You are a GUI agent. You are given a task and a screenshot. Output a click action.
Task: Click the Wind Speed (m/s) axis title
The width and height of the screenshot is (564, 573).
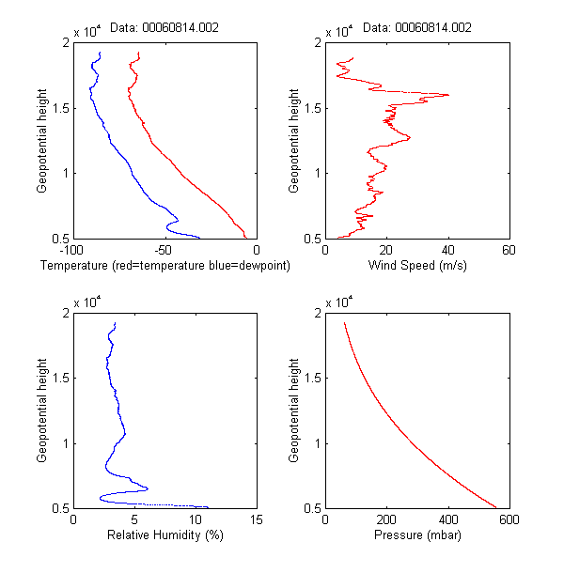(417, 266)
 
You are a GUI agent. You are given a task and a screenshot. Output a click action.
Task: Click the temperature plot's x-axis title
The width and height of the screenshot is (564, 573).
(165, 266)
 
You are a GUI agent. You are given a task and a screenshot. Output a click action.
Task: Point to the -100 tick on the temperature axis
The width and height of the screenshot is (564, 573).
(73, 251)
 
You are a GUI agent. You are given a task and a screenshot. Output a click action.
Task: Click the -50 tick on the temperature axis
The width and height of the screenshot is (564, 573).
(164, 251)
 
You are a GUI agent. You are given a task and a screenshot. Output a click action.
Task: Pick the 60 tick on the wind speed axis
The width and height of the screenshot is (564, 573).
(509, 251)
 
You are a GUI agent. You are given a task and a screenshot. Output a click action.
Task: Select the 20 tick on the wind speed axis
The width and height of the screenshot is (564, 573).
(386, 251)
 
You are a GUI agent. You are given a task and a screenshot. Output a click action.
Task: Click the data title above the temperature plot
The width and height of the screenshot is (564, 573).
(164, 28)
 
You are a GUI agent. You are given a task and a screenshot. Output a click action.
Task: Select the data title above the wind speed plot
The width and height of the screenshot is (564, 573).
(417, 28)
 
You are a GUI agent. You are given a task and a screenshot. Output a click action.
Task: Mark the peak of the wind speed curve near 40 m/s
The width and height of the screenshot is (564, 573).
(447, 95)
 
